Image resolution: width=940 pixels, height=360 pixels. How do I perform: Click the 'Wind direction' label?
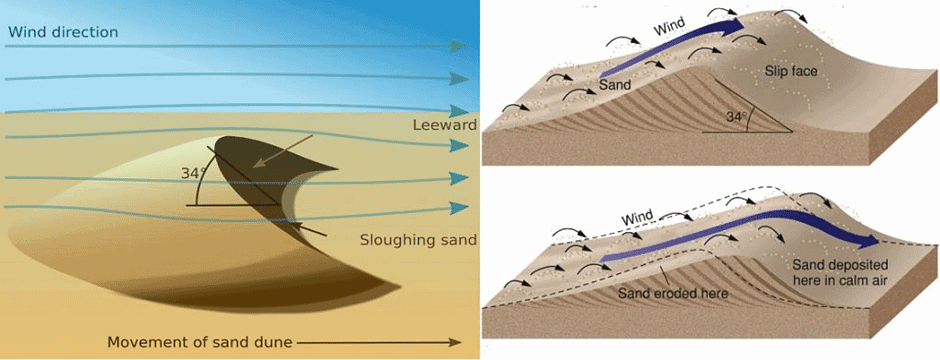point(63,32)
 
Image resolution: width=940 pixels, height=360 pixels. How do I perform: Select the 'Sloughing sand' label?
point(417,241)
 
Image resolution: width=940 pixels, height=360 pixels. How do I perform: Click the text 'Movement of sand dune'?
point(200,342)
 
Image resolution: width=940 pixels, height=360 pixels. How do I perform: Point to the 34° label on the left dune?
point(193,173)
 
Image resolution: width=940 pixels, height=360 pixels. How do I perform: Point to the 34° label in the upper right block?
point(737,117)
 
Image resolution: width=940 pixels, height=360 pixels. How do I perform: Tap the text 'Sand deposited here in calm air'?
point(835,273)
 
